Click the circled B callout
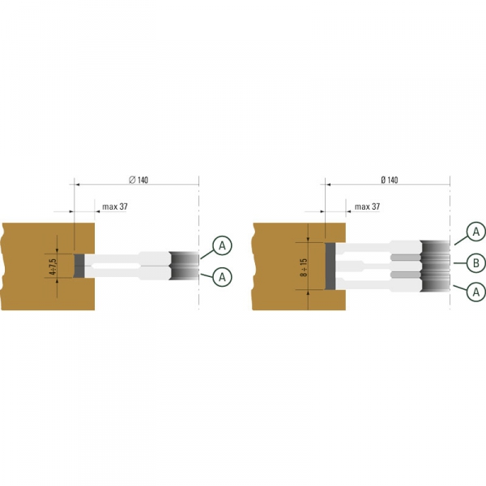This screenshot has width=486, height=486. pos(476,263)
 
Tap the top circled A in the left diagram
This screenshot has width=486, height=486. pos(222,245)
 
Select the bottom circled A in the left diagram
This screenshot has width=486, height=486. pos(222,277)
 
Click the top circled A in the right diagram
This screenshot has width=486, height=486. pos(476,232)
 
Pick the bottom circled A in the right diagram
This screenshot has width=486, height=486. pos(476,292)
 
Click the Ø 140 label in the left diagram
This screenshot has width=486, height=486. pos(139,180)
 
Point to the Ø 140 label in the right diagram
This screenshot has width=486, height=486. pos(390,180)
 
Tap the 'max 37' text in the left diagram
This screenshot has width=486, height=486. pos(115,207)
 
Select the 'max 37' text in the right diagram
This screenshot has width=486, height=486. pos(367,207)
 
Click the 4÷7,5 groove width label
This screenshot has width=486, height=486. pos(53,266)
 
